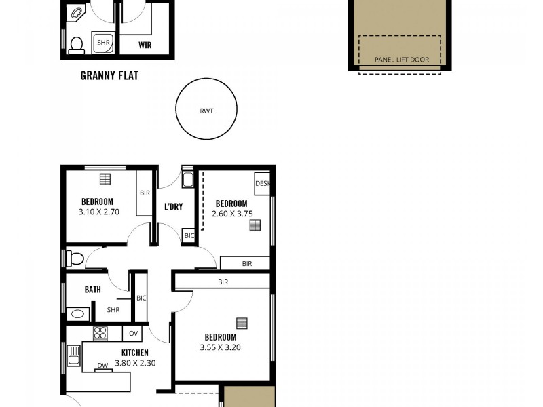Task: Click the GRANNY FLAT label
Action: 109,75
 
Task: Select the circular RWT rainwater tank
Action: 206,109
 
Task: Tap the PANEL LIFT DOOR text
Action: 402,60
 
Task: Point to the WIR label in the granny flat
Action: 145,45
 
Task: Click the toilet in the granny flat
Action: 76,43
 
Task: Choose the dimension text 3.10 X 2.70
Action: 97,212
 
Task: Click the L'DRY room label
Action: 174,206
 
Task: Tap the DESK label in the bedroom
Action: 263,183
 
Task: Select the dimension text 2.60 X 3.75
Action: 231,213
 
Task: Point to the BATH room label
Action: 93,289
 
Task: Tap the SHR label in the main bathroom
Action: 113,310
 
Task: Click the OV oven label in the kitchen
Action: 134,333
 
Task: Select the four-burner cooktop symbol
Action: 100,333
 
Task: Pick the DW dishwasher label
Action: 102,366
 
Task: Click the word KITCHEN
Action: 134,353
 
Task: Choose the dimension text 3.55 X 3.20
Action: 221,347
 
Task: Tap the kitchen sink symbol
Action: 74,355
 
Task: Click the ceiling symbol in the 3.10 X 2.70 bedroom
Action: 105,179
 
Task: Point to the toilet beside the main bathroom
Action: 75,258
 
